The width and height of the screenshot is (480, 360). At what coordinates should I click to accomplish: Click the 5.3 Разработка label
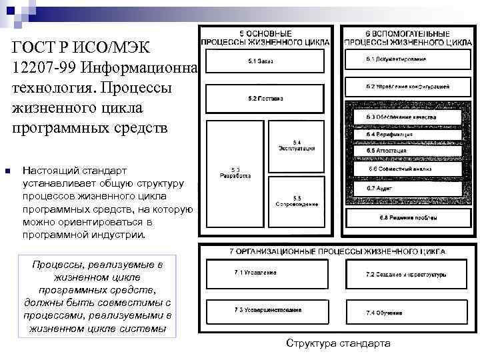pyautogui.click(x=235, y=173)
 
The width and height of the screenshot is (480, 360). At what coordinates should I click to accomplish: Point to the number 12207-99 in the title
pyautogui.click(x=39, y=67)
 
